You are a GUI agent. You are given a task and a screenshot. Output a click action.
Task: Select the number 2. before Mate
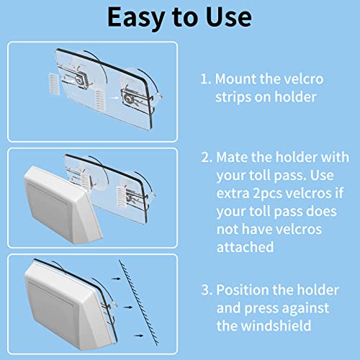[x=206, y=157]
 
